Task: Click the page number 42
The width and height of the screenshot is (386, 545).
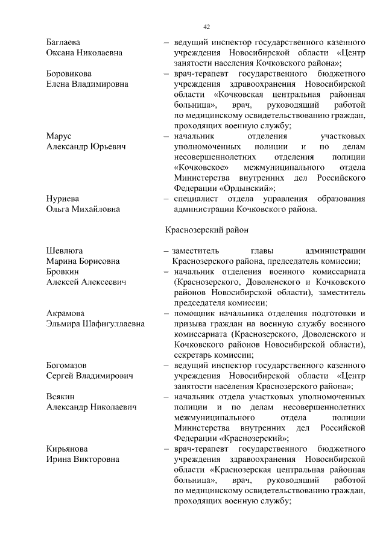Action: [206, 27]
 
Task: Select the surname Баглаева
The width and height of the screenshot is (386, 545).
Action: [63, 43]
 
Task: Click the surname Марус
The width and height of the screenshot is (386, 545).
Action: [60, 136]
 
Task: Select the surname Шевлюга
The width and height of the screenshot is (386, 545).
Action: [65, 251]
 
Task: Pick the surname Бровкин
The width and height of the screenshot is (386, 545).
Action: [63, 271]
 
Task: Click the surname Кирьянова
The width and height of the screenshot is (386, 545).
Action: [68, 449]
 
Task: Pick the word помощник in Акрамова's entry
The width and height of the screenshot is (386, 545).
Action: [195, 313]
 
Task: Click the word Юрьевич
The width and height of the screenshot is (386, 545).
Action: [108, 147]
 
